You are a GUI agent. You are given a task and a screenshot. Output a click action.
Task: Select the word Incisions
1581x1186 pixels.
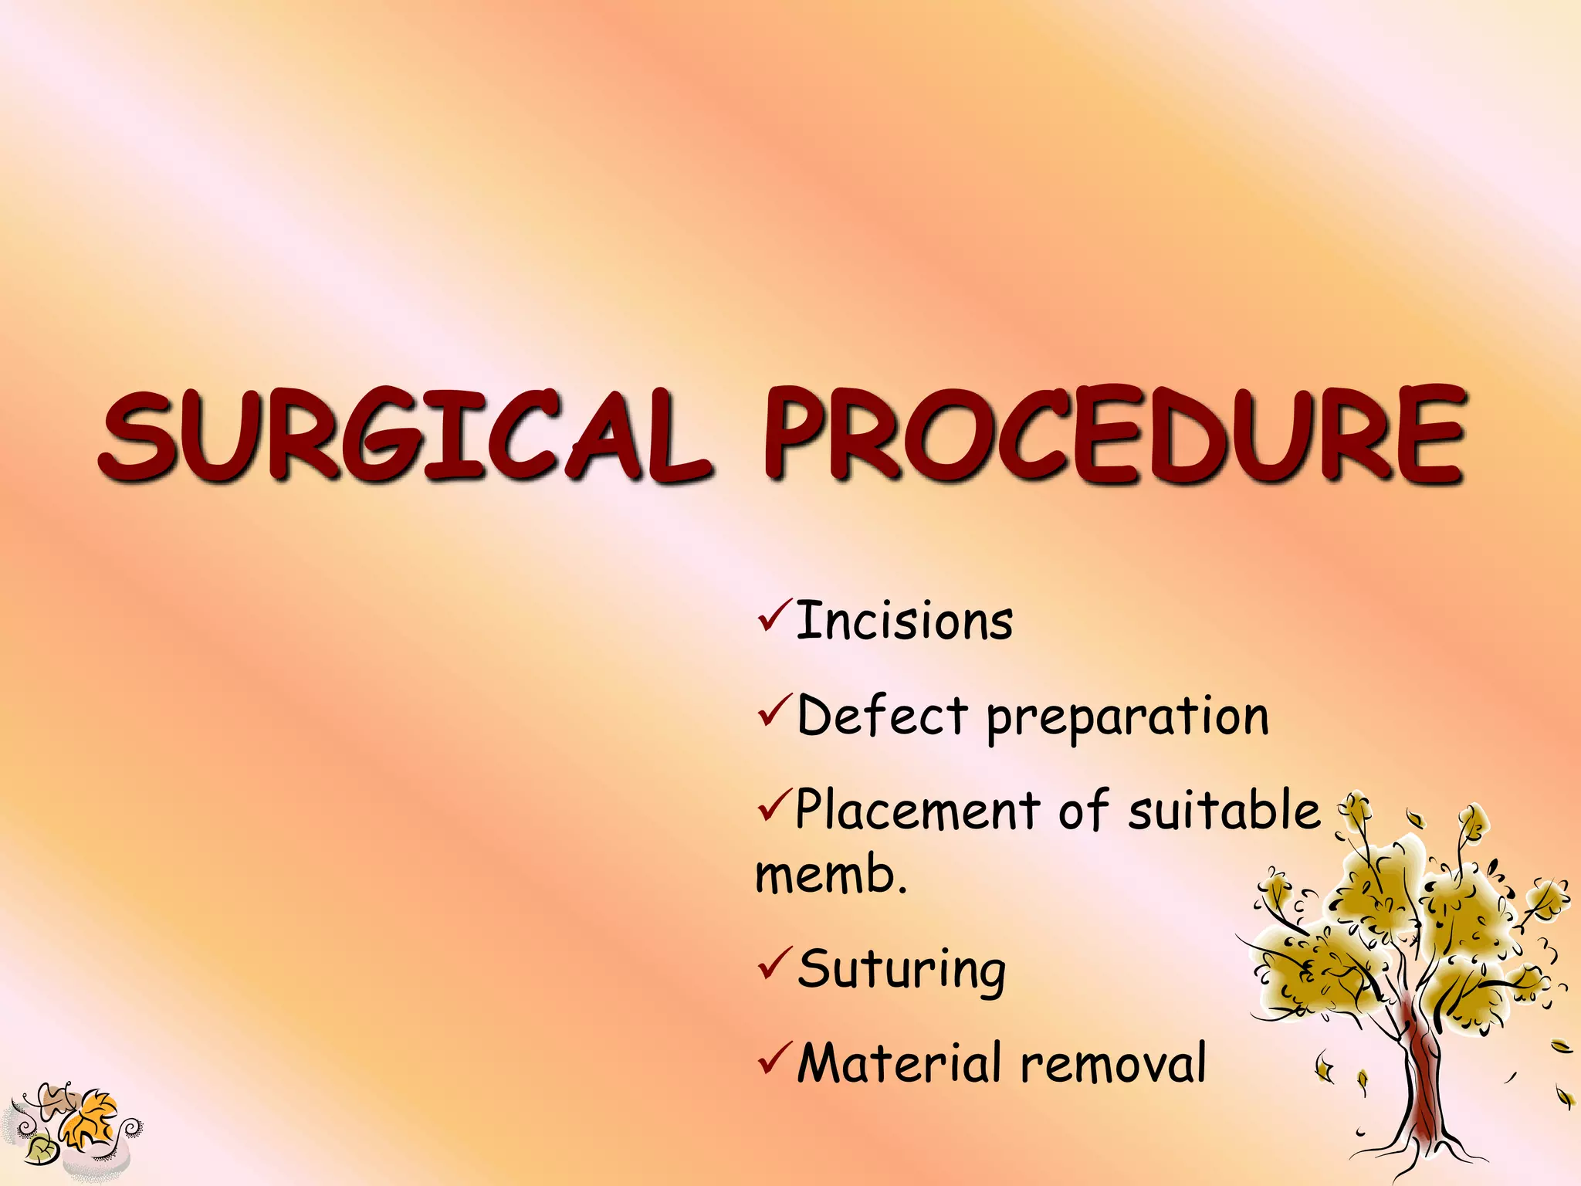904,622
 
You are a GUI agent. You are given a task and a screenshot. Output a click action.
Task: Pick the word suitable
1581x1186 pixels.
1224,811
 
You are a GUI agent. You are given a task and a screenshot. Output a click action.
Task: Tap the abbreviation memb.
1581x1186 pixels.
831,876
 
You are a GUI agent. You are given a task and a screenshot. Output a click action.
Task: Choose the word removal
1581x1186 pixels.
1113,1064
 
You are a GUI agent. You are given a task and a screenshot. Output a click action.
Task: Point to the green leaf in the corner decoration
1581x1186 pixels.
39,1150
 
